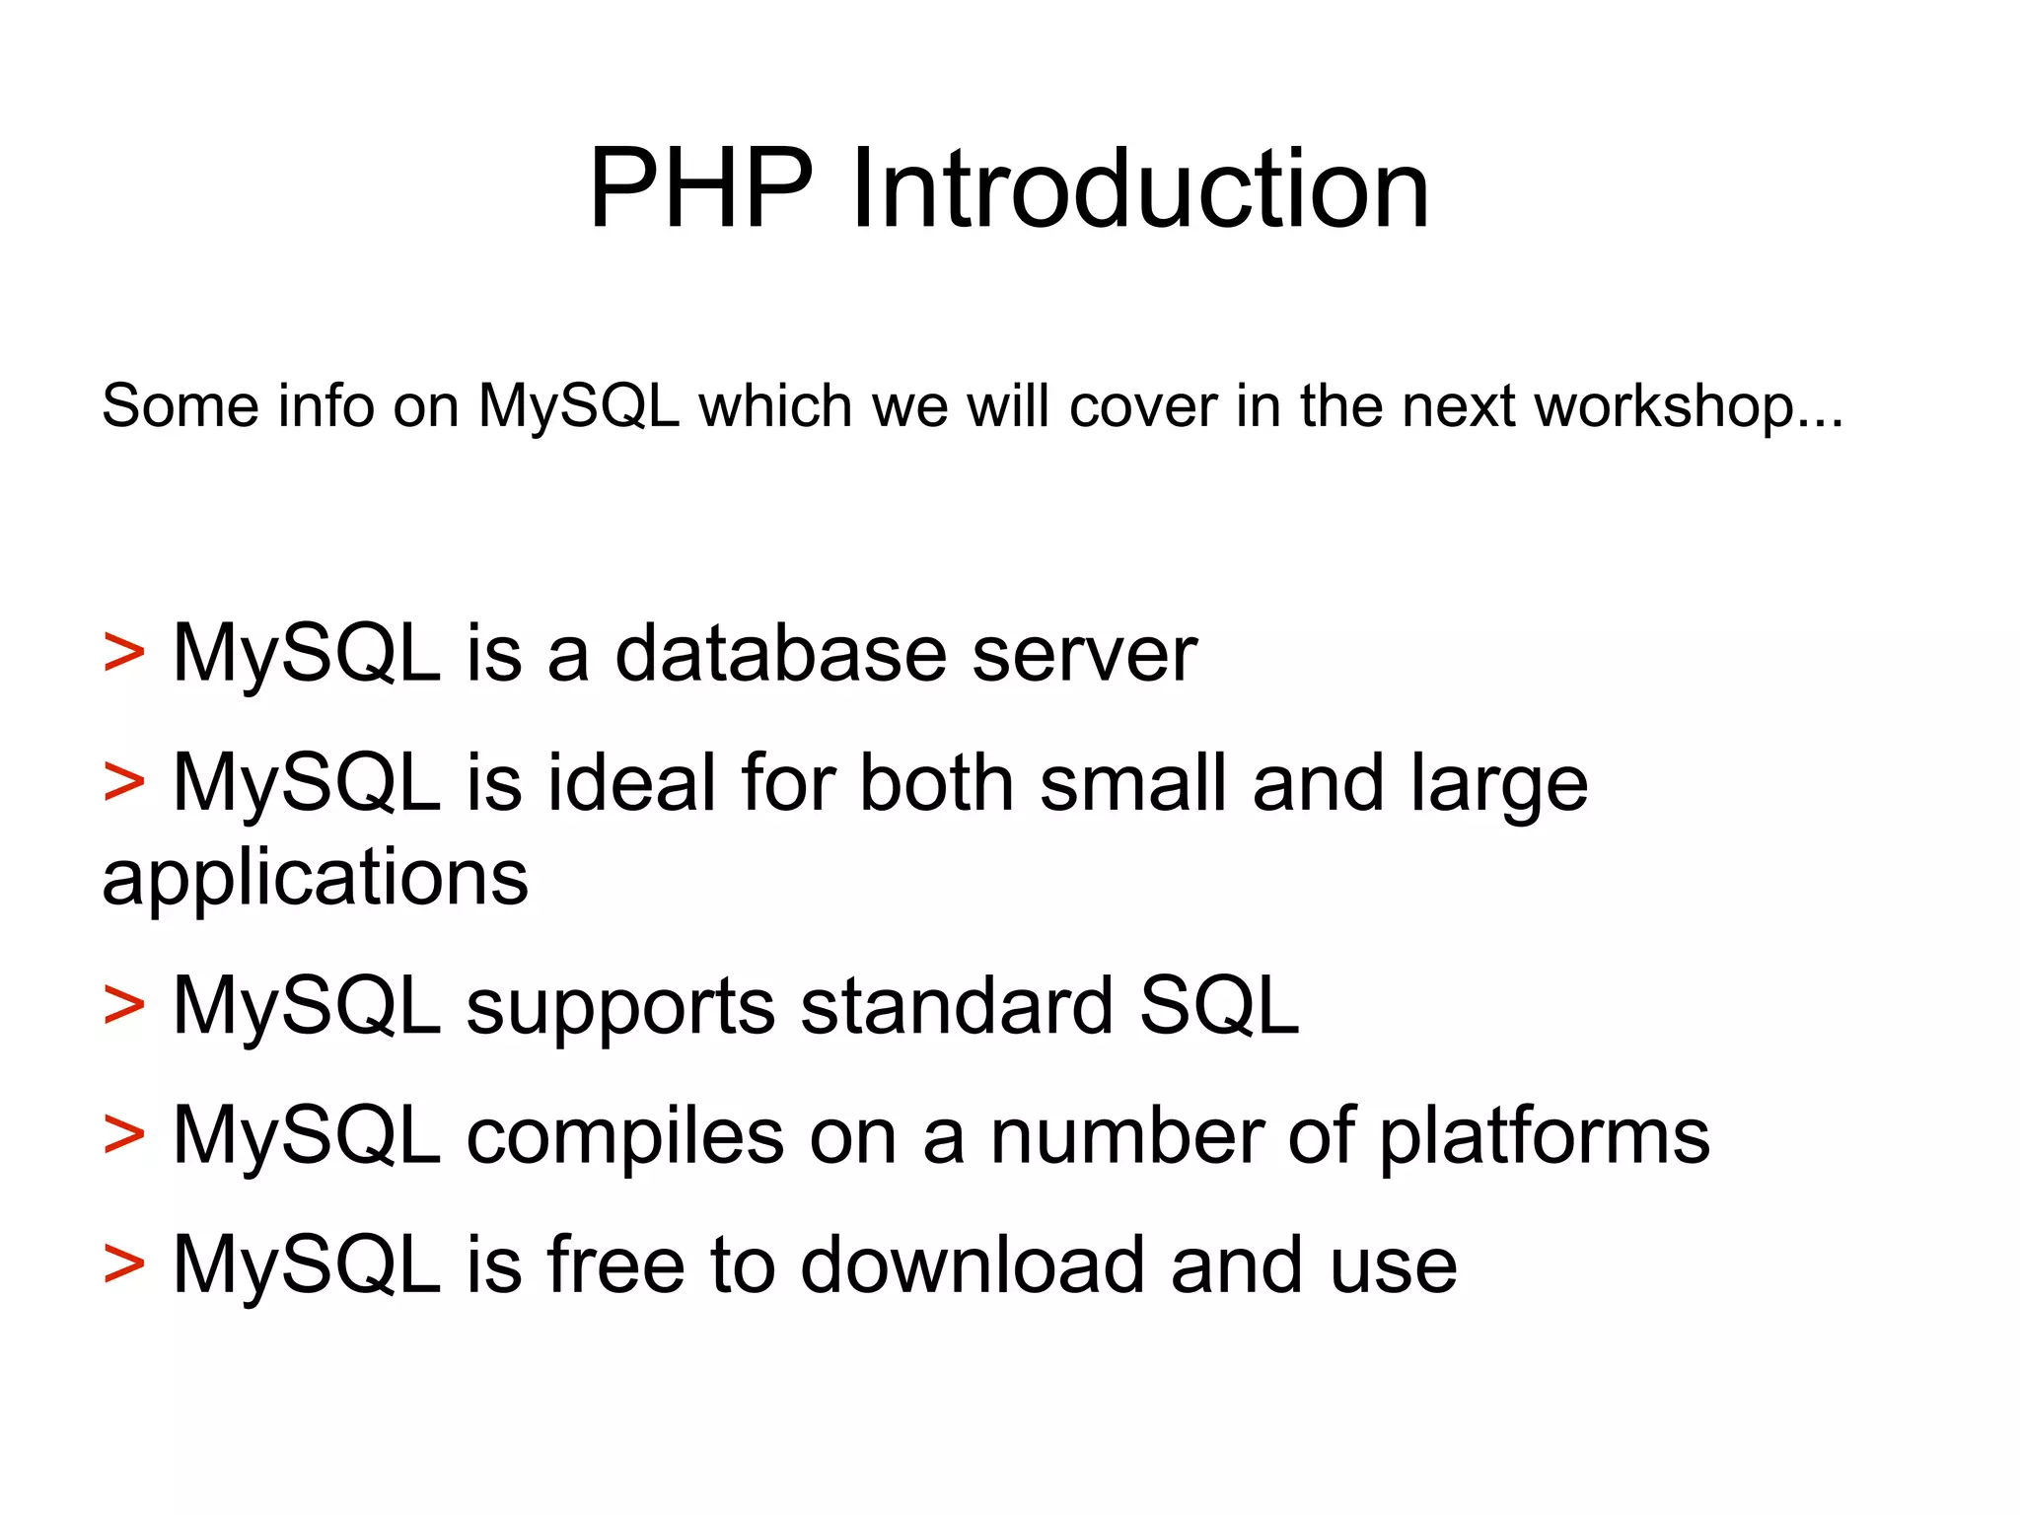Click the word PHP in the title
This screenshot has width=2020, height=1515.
701,187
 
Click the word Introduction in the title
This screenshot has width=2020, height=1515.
1139,187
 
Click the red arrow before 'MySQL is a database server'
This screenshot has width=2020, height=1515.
124,653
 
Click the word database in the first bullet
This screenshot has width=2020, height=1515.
779,653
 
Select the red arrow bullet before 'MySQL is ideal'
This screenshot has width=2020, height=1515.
124,782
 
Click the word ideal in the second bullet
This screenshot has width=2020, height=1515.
631,782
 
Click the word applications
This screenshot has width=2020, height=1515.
316,878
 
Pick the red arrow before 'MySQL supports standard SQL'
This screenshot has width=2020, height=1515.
124,1006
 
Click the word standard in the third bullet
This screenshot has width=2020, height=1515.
956,1006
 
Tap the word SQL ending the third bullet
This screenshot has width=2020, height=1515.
1219,1006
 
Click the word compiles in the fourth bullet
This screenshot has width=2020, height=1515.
624,1136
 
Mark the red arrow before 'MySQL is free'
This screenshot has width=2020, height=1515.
124,1264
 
